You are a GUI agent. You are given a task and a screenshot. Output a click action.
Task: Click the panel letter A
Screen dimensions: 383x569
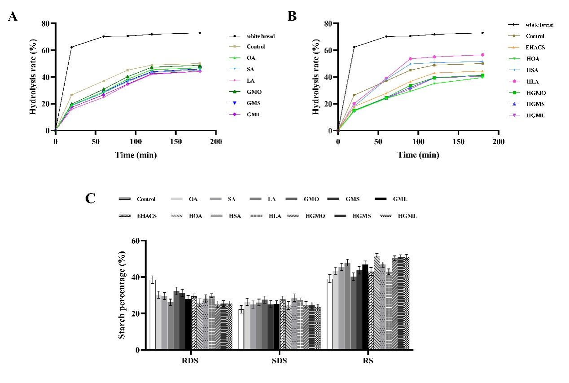coord(13,17)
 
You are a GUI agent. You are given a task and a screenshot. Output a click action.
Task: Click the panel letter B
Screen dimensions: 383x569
coord(292,17)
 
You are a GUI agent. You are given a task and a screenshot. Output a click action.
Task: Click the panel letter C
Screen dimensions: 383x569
coord(91,198)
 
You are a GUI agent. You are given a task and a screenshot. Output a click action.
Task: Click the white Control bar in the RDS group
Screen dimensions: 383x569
coord(153,314)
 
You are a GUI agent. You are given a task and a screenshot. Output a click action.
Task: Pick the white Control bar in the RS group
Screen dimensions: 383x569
coord(330,314)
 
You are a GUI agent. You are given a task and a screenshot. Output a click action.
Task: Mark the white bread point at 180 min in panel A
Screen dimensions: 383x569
coord(200,33)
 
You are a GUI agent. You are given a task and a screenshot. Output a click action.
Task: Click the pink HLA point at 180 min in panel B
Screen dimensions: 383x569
coord(482,55)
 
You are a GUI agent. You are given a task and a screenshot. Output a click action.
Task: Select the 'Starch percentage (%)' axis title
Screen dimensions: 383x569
coord(122,295)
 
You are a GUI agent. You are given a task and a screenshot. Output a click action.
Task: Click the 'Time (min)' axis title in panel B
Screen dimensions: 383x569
coord(418,155)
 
